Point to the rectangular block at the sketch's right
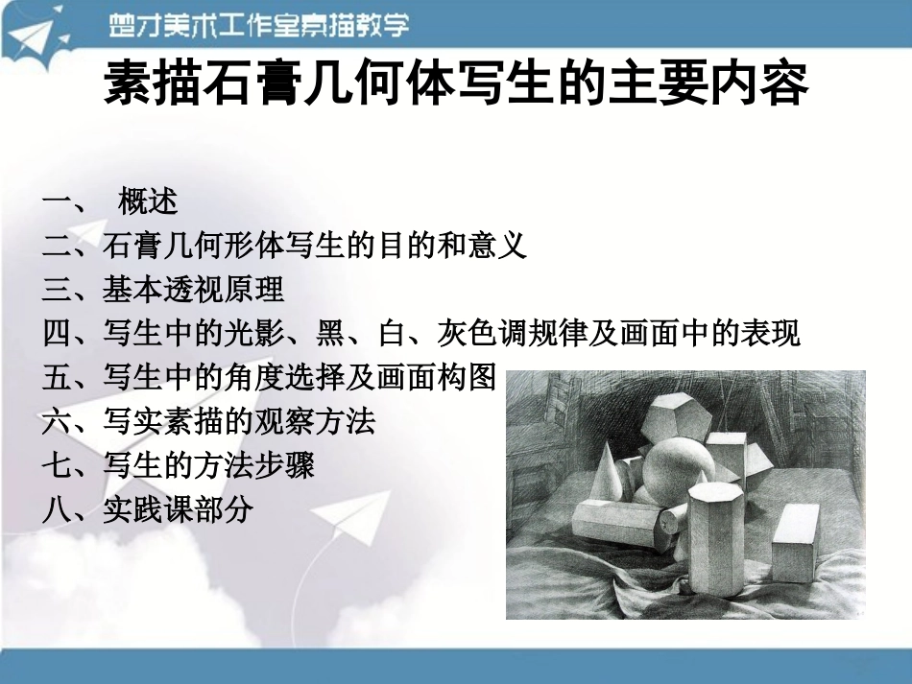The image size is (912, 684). point(795,543)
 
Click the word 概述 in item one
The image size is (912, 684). point(148,202)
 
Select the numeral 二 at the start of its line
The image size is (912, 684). point(57,247)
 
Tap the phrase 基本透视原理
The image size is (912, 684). point(193,289)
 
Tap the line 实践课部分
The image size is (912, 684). point(178,509)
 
